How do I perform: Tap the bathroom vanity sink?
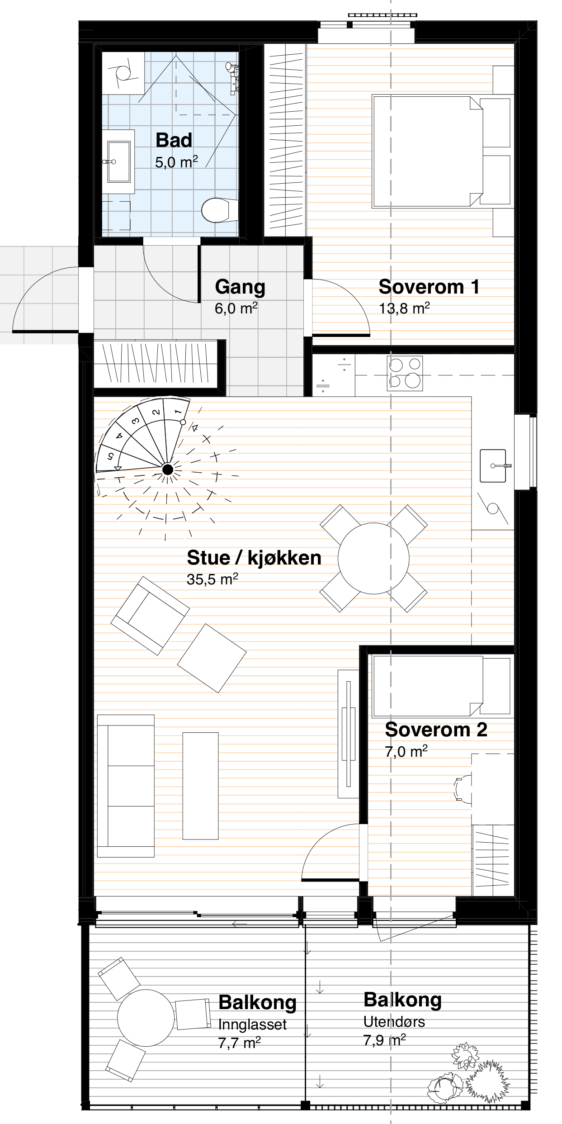click(x=119, y=161)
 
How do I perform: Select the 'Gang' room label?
click(x=240, y=287)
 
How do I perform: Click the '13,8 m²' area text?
click(x=404, y=308)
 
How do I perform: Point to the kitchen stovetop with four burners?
click(x=405, y=373)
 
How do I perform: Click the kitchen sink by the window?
click(x=493, y=466)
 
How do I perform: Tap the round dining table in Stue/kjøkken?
click(x=373, y=559)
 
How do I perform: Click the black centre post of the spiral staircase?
click(x=168, y=470)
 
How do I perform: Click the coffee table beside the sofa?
click(x=200, y=786)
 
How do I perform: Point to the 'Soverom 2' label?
click(x=436, y=730)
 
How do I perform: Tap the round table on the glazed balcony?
click(x=146, y=1018)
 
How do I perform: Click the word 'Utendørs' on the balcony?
click(x=394, y=1022)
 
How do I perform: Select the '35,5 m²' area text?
click(x=213, y=579)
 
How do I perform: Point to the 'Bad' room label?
click(x=174, y=140)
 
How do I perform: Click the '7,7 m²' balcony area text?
click(x=239, y=1043)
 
